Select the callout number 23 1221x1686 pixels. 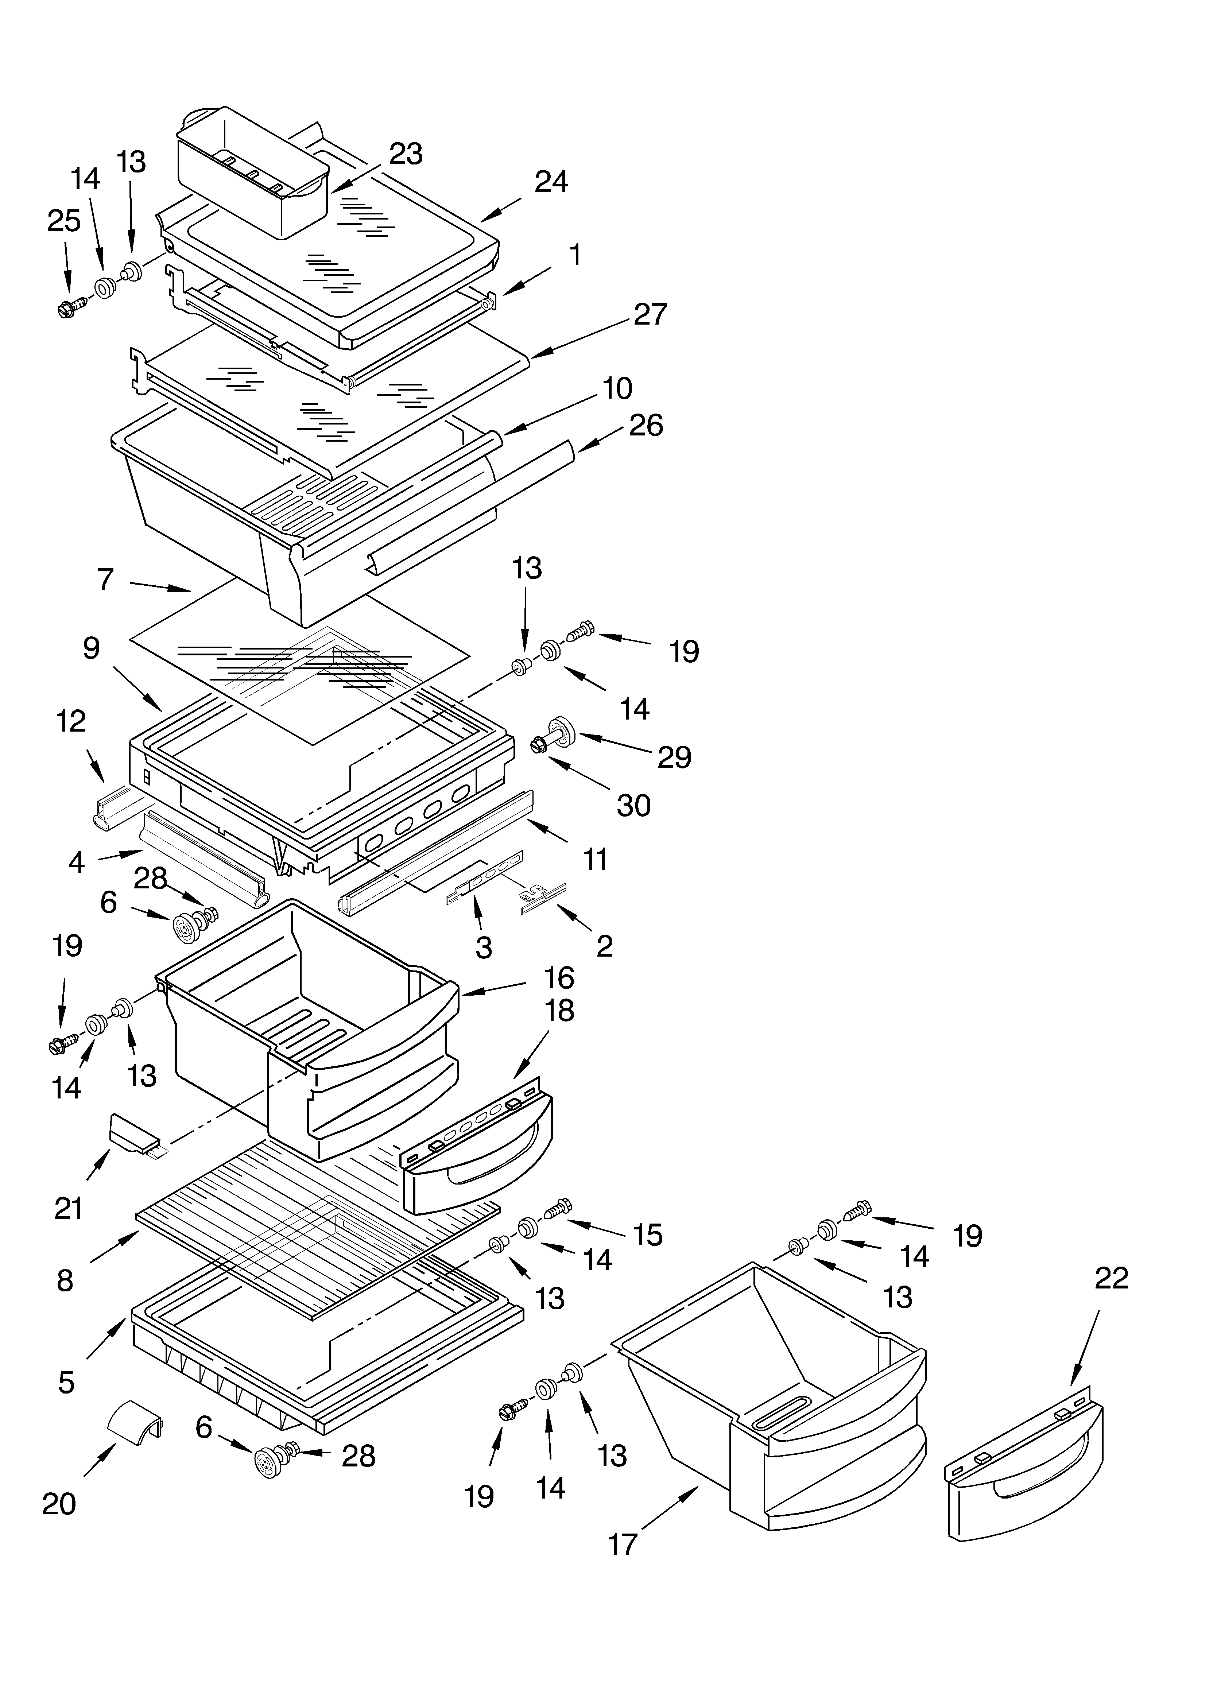point(406,154)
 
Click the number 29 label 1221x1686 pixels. point(674,757)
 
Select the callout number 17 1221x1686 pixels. point(623,1544)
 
